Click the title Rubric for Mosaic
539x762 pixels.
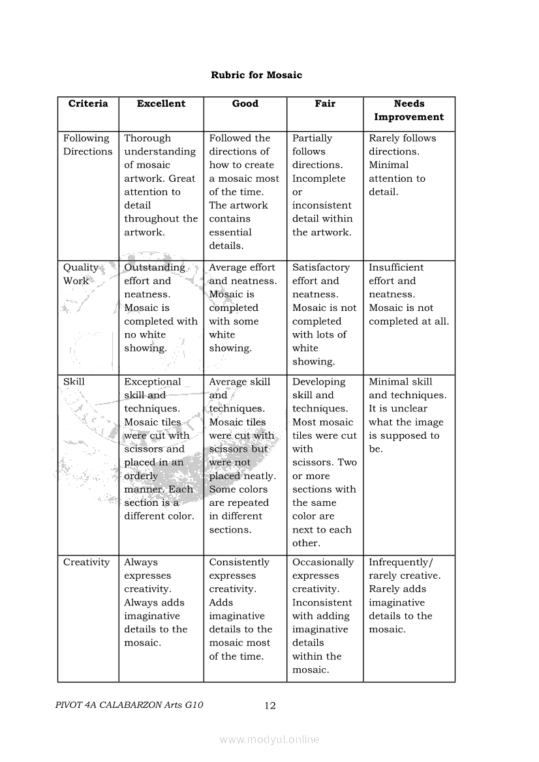(256, 75)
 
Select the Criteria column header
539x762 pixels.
(88, 104)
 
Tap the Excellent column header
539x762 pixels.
(161, 104)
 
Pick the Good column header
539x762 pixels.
(245, 104)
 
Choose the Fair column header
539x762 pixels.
(325, 104)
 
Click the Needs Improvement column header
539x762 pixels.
(409, 110)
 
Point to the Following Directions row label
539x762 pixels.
(87, 145)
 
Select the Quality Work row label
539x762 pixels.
(80, 274)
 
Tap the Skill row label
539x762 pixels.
(74, 382)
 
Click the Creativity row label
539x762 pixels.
(86, 562)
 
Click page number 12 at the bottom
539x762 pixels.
(270, 705)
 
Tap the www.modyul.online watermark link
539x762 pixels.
(269, 739)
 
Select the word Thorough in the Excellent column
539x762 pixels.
(147, 138)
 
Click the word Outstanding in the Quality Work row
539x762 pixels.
(155, 267)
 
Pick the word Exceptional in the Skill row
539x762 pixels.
(153, 382)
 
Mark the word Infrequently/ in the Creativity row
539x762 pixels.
(401, 562)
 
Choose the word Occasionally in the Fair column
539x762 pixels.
(323, 562)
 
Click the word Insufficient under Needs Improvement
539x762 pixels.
(396, 267)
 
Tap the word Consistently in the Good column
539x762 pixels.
(239, 562)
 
